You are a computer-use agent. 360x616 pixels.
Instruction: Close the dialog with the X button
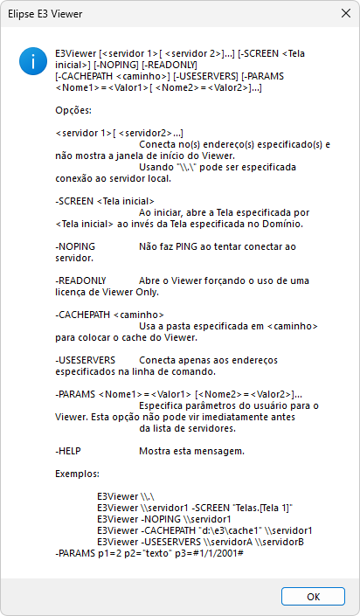(x=339, y=15)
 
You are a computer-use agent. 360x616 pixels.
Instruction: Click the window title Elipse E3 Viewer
(x=46, y=15)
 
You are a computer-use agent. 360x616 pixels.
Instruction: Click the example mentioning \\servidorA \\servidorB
(x=201, y=542)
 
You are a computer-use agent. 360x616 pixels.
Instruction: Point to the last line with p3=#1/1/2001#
(x=142, y=553)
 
